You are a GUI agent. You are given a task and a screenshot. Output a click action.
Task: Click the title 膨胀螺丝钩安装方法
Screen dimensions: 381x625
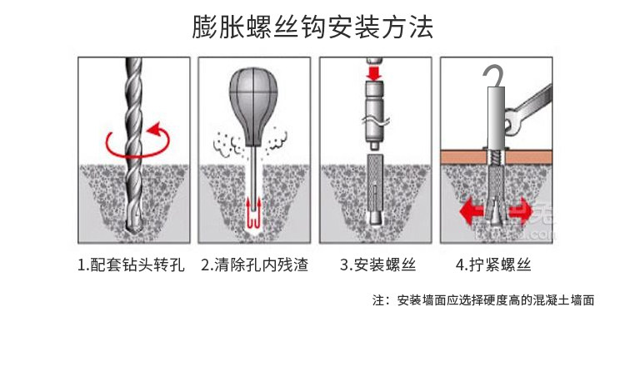click(x=312, y=27)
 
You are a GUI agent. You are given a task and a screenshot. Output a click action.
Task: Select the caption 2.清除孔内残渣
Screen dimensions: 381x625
click(x=254, y=265)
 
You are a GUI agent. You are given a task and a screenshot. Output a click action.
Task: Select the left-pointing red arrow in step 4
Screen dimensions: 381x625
click(x=472, y=207)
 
